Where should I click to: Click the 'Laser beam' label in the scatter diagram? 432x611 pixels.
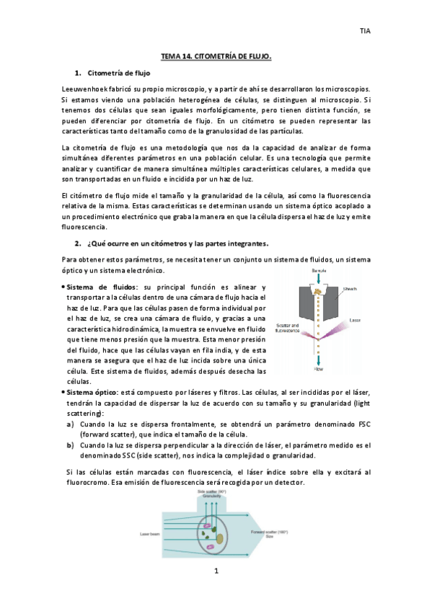point(150,534)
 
